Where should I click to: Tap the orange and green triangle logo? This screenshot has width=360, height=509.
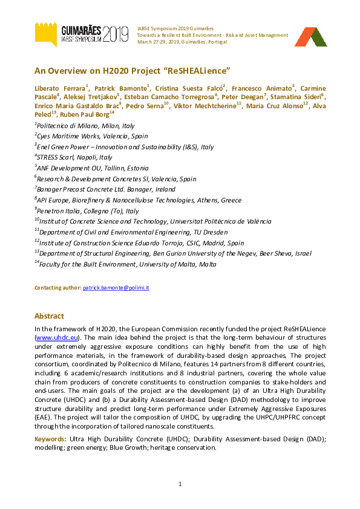[310, 37]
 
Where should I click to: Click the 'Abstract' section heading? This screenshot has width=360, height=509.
[50, 316]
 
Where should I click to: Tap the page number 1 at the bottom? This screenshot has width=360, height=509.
[180, 484]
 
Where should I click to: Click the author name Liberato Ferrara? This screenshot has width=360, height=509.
[59, 88]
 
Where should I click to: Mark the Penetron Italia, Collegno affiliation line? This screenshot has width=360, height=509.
[88, 211]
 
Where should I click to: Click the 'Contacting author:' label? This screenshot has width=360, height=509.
[57, 288]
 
